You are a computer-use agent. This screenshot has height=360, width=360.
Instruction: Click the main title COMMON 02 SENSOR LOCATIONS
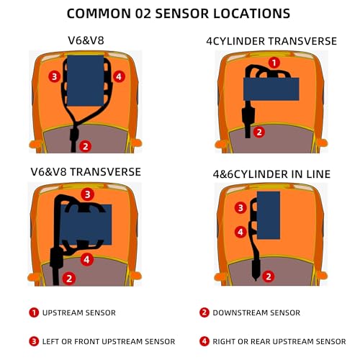179,14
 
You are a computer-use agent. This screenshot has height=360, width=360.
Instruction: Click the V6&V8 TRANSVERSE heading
86,172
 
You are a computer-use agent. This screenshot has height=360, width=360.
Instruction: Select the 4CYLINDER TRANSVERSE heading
271,41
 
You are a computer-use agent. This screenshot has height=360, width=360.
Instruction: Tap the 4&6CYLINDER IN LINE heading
271,174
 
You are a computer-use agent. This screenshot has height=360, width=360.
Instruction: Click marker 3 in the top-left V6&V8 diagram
55,76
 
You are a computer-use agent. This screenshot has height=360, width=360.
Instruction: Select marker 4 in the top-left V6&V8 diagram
119,77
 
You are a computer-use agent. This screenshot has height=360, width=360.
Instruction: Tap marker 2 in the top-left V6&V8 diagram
86,146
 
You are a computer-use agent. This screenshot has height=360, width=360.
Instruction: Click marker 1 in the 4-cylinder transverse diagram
274,63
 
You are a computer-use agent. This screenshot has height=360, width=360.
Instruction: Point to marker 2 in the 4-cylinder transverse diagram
259,132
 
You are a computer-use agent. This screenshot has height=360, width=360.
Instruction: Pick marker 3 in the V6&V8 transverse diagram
87,194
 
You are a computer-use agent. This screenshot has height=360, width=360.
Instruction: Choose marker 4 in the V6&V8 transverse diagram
86,259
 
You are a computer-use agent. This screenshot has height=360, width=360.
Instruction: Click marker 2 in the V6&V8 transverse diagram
69,279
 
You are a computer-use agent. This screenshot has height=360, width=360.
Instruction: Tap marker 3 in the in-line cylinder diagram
240,207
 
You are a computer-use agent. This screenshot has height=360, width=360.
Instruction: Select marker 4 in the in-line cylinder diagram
240,232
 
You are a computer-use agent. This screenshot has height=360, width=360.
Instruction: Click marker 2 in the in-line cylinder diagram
269,276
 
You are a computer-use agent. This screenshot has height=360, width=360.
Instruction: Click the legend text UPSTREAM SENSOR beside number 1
79,312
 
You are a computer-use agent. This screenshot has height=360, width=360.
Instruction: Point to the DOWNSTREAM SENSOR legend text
256,312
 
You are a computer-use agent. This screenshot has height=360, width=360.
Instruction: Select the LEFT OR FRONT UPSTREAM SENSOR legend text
109,341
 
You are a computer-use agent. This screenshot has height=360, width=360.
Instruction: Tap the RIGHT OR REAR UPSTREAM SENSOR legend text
279,341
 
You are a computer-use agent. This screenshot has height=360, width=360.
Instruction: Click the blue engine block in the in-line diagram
269,215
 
